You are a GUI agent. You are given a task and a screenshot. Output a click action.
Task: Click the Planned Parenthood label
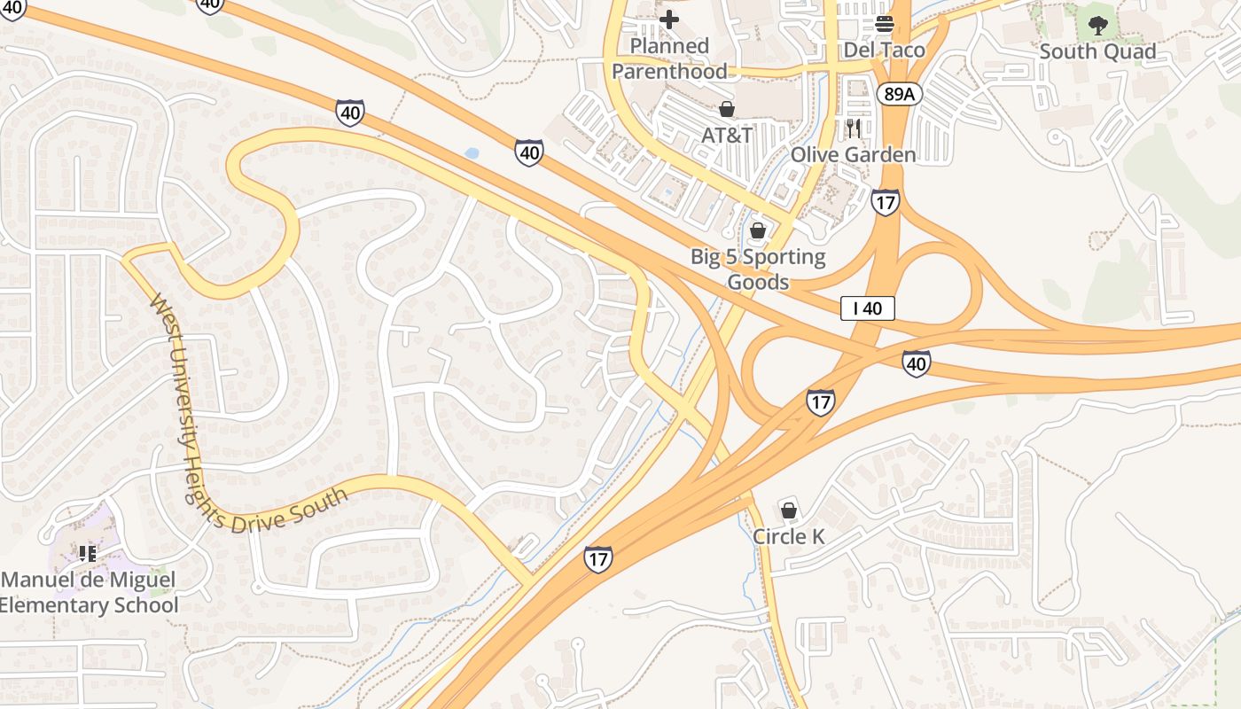[x=669, y=58]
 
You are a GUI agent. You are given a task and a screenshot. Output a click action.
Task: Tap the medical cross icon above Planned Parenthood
[x=669, y=19]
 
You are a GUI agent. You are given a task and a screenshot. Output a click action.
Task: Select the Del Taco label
[x=884, y=50]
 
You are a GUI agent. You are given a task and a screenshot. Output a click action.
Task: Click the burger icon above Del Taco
[x=884, y=23]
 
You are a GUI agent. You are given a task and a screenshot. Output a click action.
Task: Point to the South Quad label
[x=1097, y=51]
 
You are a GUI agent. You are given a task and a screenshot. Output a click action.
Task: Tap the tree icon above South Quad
[x=1098, y=25]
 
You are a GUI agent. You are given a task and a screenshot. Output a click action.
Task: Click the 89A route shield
[x=897, y=93]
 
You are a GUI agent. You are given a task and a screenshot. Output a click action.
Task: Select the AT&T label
[x=727, y=135]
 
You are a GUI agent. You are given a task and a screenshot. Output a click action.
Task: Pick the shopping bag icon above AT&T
[x=727, y=109]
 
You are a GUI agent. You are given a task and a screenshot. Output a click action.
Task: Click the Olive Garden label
[x=853, y=155]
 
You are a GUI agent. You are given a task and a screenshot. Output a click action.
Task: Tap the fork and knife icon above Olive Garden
[x=854, y=129]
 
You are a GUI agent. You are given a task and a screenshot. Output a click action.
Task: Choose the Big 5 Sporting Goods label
[x=758, y=269]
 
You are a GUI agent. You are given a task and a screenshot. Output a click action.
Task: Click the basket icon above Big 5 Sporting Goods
[x=758, y=231]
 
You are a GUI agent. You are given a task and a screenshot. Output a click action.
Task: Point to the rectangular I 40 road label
[x=868, y=308]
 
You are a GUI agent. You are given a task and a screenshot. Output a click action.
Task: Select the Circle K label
[x=788, y=536]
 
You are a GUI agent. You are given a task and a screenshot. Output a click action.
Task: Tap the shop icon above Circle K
[x=789, y=510]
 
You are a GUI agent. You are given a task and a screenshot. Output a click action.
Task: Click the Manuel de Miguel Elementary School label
[x=89, y=593]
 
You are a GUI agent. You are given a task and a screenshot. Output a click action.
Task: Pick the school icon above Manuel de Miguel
[x=87, y=554]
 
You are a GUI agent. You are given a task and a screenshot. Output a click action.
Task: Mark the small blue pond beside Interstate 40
[x=472, y=153]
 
